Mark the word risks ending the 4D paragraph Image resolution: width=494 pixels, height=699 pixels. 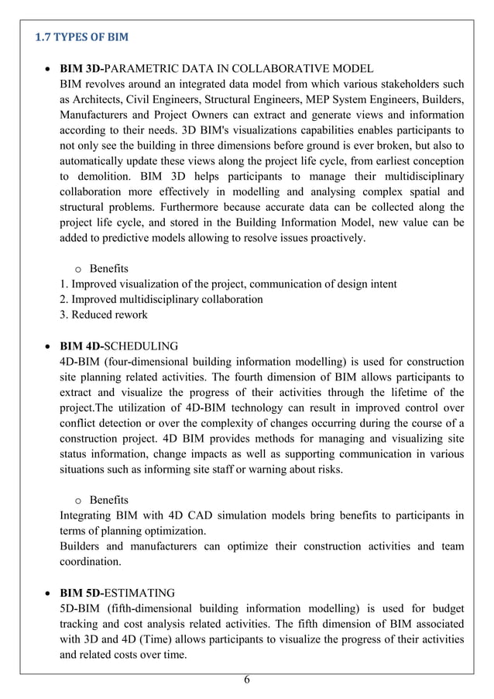(x=348, y=469)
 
